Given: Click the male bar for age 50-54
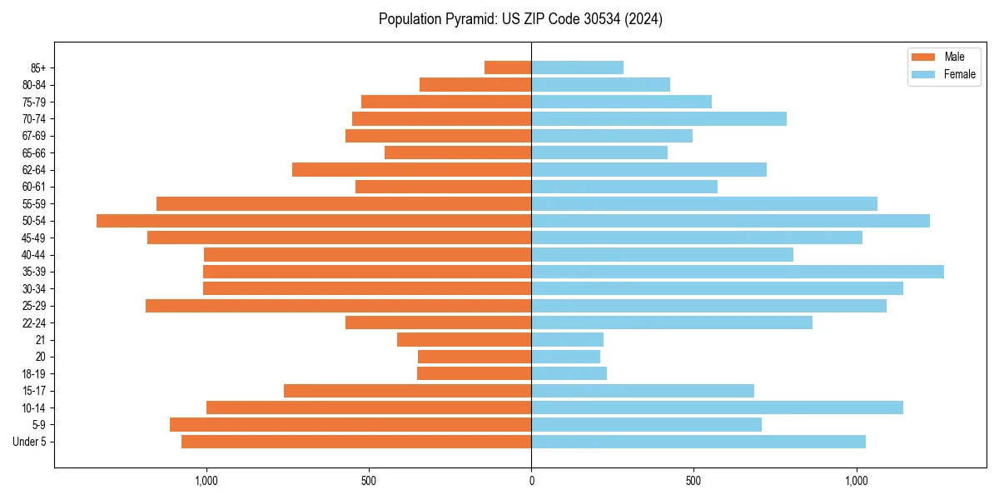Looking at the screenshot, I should (314, 221).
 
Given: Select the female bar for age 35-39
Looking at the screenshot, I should (738, 272).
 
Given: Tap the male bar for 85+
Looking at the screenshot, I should (508, 67).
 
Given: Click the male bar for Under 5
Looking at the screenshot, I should (356, 442).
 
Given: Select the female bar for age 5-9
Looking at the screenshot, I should (646, 425).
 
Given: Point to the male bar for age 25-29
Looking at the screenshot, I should (338, 306).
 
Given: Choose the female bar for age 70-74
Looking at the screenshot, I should (659, 119).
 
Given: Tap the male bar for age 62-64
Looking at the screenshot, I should (411, 170).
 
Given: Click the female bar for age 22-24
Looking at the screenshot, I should (672, 322).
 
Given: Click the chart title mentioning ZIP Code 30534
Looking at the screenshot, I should (520, 19).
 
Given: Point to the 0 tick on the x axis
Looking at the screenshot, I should (531, 481).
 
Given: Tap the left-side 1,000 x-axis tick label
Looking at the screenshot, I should (206, 481).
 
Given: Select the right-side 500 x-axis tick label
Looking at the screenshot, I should (693, 481).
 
